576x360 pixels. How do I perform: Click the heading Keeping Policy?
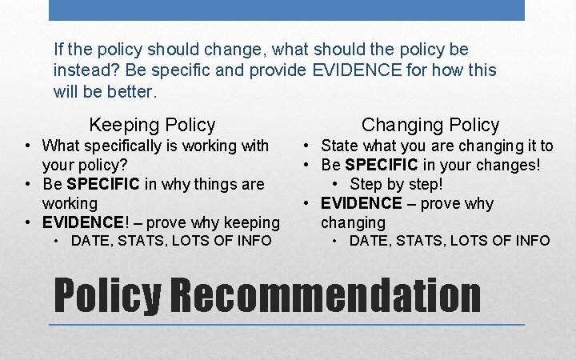152,125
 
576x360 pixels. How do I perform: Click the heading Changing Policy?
430,125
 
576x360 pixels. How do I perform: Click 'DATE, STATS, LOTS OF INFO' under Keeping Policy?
171,241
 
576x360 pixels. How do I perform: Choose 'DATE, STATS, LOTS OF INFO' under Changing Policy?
450,241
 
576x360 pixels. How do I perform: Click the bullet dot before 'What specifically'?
28,146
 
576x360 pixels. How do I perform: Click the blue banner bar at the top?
286,10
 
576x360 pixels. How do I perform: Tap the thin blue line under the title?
286,325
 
